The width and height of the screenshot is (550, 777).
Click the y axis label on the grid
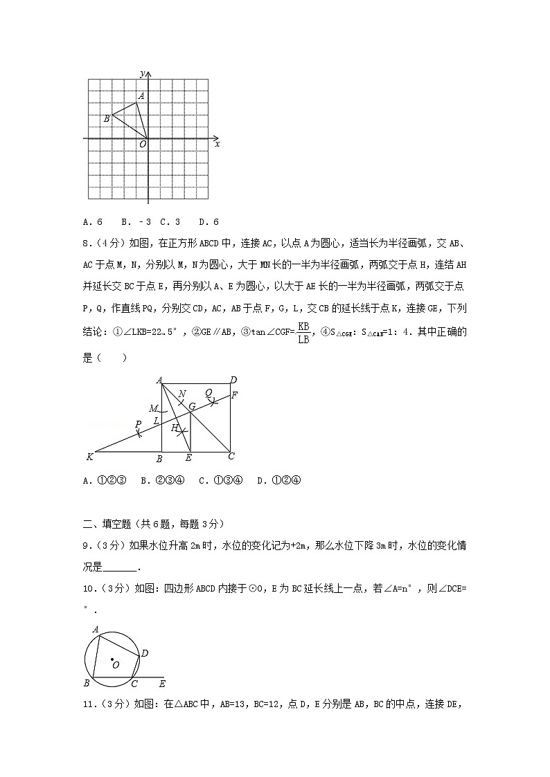pos(141,73)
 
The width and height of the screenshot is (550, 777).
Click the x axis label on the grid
pos(218,144)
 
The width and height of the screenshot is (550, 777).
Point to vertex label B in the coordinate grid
pos(106,119)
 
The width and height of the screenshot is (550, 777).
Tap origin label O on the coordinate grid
pos(143,144)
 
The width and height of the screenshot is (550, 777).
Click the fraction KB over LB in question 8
pos(303,332)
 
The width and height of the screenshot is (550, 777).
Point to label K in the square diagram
pos(89,457)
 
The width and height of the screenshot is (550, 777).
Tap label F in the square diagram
pos(235,395)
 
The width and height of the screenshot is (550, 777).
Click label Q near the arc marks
pos(208,392)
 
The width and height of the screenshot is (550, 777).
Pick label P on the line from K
pos(138,424)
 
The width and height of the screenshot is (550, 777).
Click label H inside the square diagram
pos(175,428)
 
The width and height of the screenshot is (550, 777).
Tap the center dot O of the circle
pos(112,659)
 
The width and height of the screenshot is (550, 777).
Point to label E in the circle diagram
pos(161,684)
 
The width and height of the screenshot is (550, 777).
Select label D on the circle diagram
pos(144,652)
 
